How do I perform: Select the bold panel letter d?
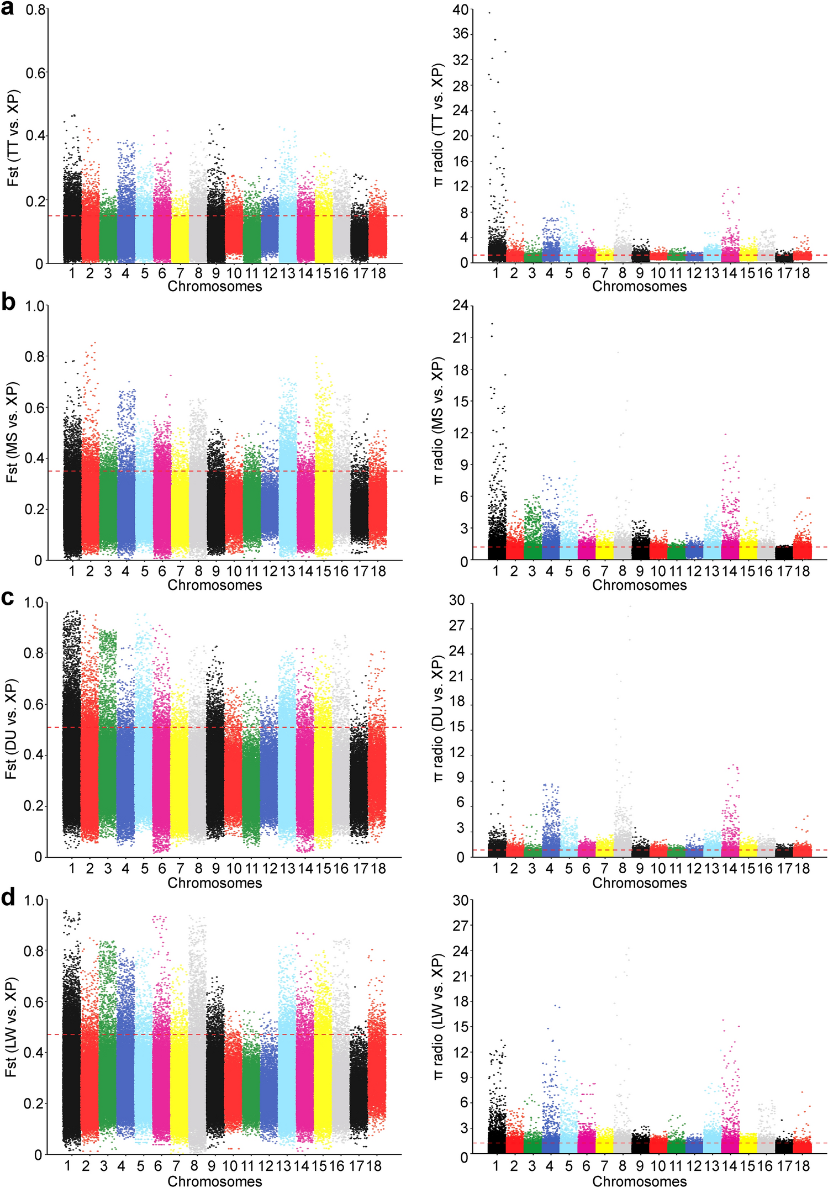8,898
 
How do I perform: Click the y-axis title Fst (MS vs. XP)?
12,432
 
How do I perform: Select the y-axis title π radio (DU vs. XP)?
439,729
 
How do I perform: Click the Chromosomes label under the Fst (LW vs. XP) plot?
214,1181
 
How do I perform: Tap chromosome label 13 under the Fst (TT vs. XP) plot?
287,273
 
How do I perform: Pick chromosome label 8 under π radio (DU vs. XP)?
622,868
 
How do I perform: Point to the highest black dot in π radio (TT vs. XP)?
489,12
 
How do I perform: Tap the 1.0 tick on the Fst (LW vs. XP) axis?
34,900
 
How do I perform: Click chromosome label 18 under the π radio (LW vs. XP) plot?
802,1166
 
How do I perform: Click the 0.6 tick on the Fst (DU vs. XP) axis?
34,704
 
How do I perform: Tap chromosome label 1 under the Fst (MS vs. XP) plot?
72,571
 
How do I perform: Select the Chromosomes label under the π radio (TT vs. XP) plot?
639,286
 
